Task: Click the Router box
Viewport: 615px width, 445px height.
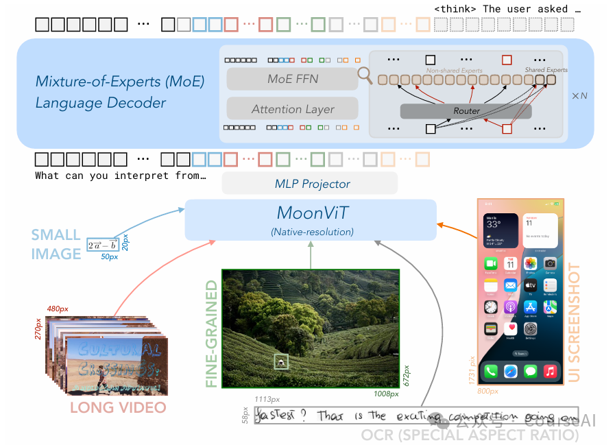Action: coord(466,110)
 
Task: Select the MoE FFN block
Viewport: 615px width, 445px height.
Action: coord(292,79)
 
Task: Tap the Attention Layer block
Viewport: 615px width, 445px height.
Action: coord(292,109)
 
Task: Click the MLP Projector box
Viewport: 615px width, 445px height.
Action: coord(310,183)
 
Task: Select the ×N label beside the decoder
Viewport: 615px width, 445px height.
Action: coord(579,96)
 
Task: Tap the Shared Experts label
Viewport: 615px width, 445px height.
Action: coord(546,70)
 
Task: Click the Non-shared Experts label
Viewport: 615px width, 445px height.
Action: coord(455,70)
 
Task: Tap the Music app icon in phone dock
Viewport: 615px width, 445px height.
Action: coord(549,371)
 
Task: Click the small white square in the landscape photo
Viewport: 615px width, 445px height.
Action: coord(280,361)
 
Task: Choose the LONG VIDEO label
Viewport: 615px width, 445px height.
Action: coord(119,408)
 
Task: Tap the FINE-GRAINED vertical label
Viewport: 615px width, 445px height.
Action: coord(211,333)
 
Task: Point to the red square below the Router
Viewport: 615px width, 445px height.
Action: coord(507,129)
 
